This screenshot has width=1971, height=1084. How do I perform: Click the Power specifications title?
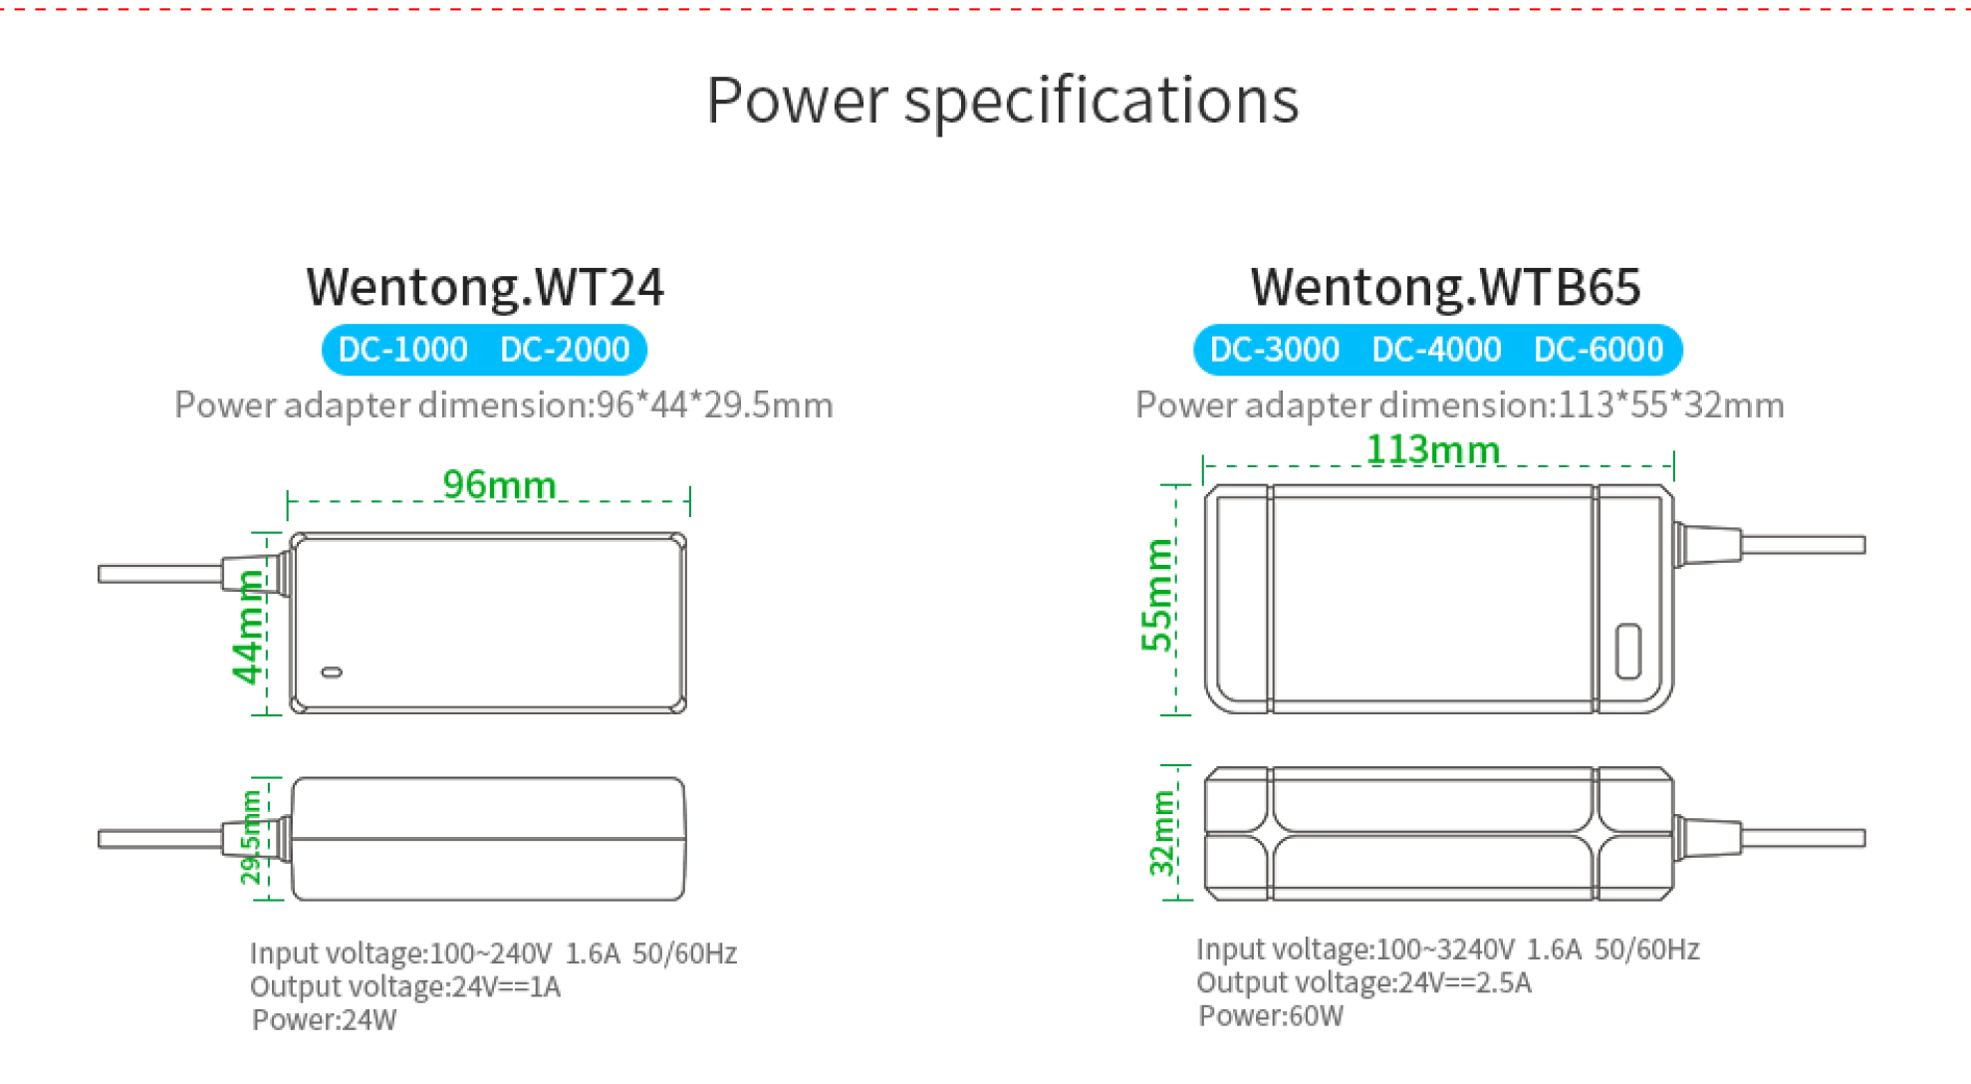click(1002, 101)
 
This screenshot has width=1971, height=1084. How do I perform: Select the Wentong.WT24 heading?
click(484, 287)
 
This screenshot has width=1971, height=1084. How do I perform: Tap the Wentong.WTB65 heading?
click(1445, 287)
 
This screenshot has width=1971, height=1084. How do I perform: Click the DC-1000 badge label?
click(402, 350)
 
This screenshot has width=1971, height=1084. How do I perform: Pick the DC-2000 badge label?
click(565, 350)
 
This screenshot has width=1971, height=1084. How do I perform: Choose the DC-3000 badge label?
click(1274, 350)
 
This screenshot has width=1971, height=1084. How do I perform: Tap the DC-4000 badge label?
click(1436, 350)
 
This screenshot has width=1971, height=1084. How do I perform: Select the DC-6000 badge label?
click(1599, 350)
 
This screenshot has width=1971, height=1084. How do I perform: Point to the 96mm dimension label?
click(499, 485)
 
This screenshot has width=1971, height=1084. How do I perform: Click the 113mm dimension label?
click(1432, 450)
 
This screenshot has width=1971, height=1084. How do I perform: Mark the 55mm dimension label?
click(1157, 595)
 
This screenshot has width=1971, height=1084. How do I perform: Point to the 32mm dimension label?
click(1162, 834)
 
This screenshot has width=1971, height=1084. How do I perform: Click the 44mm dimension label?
click(248, 627)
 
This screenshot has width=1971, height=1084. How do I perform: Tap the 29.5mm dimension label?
click(251, 837)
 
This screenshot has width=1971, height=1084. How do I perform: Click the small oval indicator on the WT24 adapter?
click(332, 673)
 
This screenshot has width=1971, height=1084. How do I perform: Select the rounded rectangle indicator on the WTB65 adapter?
click(1628, 651)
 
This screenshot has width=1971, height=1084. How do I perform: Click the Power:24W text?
click(324, 1020)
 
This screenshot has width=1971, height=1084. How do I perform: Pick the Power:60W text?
click(1271, 1016)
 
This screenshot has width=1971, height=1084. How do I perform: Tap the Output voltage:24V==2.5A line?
click(1363, 983)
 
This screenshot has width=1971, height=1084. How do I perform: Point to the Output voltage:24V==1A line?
click(405, 987)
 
